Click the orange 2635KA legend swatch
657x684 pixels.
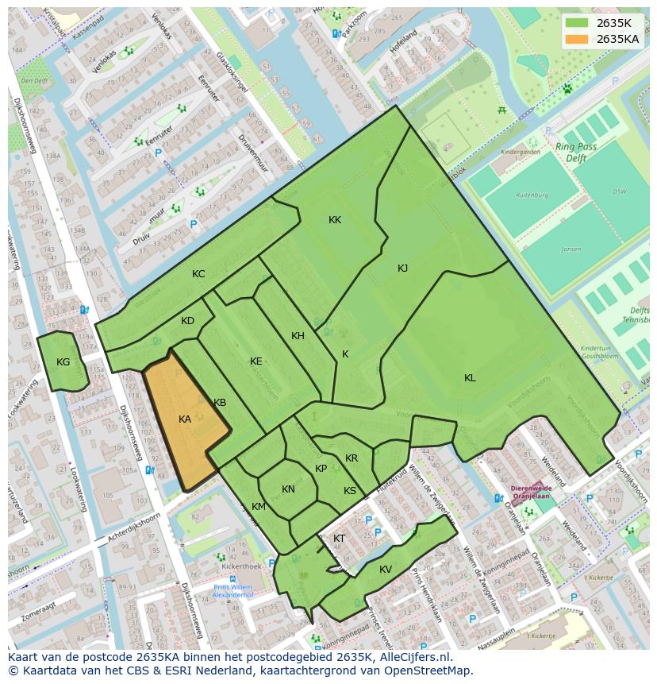[577, 39]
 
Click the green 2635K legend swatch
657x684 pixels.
[577, 23]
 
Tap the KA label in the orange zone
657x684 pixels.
[185, 419]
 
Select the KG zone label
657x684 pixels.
[63, 362]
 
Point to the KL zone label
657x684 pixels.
[470, 378]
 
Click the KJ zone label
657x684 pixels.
[402, 269]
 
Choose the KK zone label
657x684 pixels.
[335, 220]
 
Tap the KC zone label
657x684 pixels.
[198, 274]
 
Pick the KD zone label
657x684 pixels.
[187, 321]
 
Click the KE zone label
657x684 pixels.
[255, 361]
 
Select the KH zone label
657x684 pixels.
[298, 336]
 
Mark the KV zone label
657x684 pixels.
[386, 570]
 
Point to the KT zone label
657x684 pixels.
[339, 539]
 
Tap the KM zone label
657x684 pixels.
[259, 507]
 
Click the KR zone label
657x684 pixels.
[352, 458]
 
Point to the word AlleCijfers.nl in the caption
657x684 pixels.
[412, 657]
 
